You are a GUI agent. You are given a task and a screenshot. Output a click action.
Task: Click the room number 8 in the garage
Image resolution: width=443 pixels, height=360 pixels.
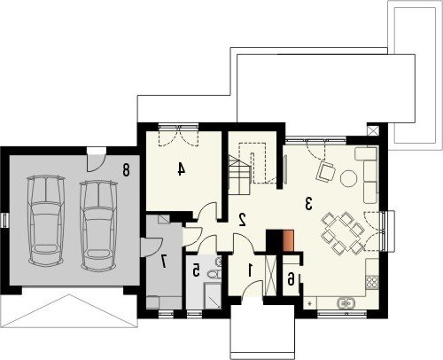[126, 170]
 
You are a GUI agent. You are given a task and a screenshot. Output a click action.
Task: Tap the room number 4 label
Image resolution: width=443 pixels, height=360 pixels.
[182, 169]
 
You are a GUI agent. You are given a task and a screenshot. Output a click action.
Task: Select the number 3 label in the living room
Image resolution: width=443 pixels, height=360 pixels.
[308, 204]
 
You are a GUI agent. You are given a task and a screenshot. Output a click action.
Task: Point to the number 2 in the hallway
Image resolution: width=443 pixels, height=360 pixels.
[243, 220]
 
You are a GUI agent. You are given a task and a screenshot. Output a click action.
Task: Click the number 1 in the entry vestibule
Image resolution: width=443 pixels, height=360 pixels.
[251, 270]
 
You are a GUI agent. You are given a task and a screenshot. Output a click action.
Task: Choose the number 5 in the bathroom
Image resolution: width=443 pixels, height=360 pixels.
[196, 270]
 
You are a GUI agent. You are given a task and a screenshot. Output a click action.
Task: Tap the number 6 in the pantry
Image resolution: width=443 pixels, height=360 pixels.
[291, 279]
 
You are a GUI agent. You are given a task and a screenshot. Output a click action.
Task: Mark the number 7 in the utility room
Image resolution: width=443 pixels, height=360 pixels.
[164, 262]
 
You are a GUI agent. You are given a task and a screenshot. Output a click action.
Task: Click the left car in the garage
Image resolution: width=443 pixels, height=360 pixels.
[46, 220]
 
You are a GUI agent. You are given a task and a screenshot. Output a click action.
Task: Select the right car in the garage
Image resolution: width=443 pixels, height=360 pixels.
[98, 224]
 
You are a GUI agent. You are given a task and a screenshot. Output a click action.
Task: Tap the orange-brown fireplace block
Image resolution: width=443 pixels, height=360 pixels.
[289, 241]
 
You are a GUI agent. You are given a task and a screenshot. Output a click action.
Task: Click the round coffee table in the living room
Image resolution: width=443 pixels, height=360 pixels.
[349, 178]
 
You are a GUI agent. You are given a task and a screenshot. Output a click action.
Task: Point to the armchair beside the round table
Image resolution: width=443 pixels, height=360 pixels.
[326, 171]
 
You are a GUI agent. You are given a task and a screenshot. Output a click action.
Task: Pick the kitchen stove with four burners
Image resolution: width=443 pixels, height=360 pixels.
[372, 282]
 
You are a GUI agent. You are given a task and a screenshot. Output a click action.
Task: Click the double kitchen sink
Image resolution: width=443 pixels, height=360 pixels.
[346, 303]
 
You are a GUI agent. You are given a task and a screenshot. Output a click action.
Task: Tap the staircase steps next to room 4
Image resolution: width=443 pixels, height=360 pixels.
[239, 175]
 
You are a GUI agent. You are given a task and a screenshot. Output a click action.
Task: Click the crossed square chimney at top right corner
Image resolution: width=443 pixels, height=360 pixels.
[373, 130]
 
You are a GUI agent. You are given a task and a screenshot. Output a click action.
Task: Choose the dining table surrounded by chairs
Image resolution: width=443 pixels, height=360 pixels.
[343, 233]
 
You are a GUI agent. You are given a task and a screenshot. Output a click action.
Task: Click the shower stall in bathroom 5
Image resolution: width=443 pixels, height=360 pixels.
[213, 296]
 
